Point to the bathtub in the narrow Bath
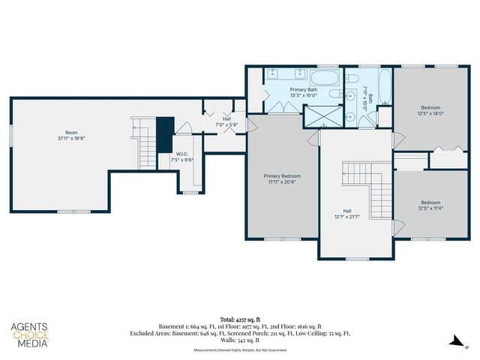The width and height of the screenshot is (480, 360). (384, 86)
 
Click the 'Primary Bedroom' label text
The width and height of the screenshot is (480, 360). (280, 175)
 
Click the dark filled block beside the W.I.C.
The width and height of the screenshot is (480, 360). (164, 133)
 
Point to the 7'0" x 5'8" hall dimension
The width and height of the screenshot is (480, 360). (226, 124)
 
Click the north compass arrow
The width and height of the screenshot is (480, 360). (457, 341)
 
